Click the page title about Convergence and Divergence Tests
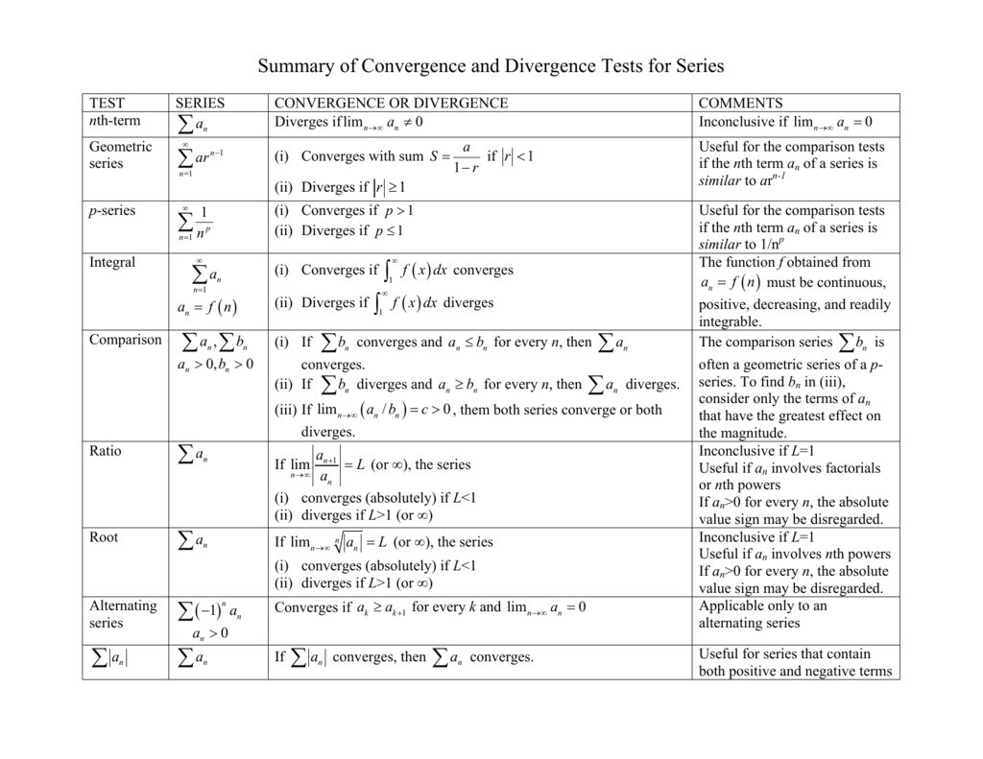[x=491, y=66]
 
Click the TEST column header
[x=107, y=103]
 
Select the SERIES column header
[x=200, y=103]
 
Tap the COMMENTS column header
[x=740, y=103]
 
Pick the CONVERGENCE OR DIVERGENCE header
[x=391, y=103]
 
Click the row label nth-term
[x=114, y=121]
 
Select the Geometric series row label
[x=120, y=155]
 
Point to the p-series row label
[x=112, y=211]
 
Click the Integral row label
[x=112, y=263]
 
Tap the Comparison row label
[x=125, y=340]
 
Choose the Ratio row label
[x=106, y=451]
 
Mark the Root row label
[x=104, y=537]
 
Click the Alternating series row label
[x=122, y=614]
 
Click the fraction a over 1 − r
[x=466, y=156]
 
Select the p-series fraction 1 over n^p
[x=203, y=223]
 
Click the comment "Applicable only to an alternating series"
[x=762, y=614]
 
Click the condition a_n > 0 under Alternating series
[x=209, y=634]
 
